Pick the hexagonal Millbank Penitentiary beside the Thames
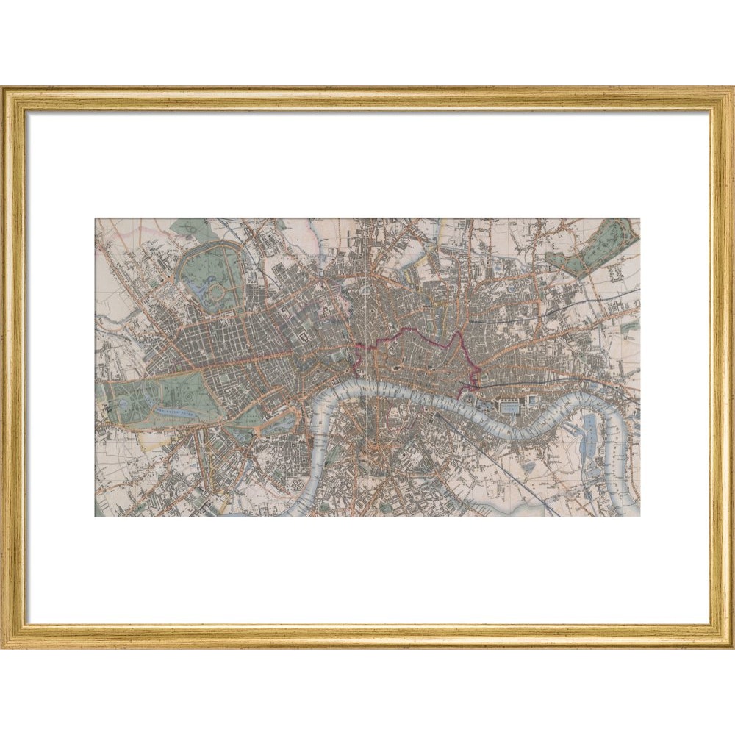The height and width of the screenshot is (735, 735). tap(298, 489)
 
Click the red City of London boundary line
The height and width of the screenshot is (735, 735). tap(412, 332)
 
